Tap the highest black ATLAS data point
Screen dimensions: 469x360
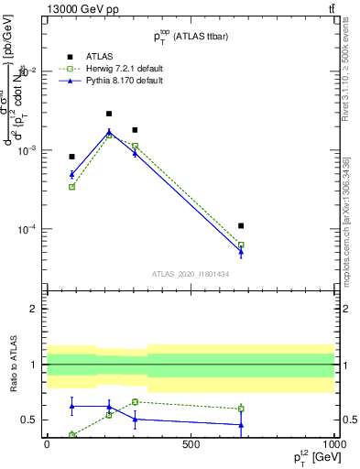(109, 114)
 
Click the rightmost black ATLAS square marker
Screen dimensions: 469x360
(241, 225)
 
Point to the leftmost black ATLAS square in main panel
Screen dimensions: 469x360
(71, 157)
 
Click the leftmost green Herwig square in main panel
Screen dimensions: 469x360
(71, 187)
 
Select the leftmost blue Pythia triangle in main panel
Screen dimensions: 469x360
(71, 174)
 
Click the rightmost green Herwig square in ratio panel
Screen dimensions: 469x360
(241, 409)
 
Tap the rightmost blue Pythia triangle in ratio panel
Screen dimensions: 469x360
(241, 425)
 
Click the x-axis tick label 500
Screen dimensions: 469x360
(191, 444)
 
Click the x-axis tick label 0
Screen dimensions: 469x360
(46, 444)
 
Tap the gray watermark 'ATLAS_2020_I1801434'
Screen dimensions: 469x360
(190, 274)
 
